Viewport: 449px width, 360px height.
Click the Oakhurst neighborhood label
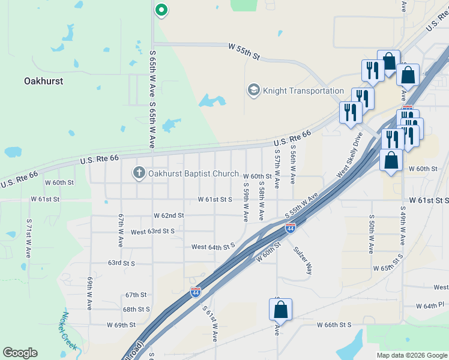[43, 80]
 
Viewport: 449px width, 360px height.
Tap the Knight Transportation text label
[304, 91]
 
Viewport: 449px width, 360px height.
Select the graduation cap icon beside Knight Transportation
[253, 91]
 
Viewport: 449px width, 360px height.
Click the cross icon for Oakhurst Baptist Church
[139, 173]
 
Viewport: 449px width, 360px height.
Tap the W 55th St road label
[244, 52]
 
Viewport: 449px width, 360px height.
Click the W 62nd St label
[168, 215]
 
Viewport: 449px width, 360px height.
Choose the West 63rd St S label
[152, 231]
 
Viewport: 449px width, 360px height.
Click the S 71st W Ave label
[29, 238]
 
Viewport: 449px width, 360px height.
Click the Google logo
[20, 353]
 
